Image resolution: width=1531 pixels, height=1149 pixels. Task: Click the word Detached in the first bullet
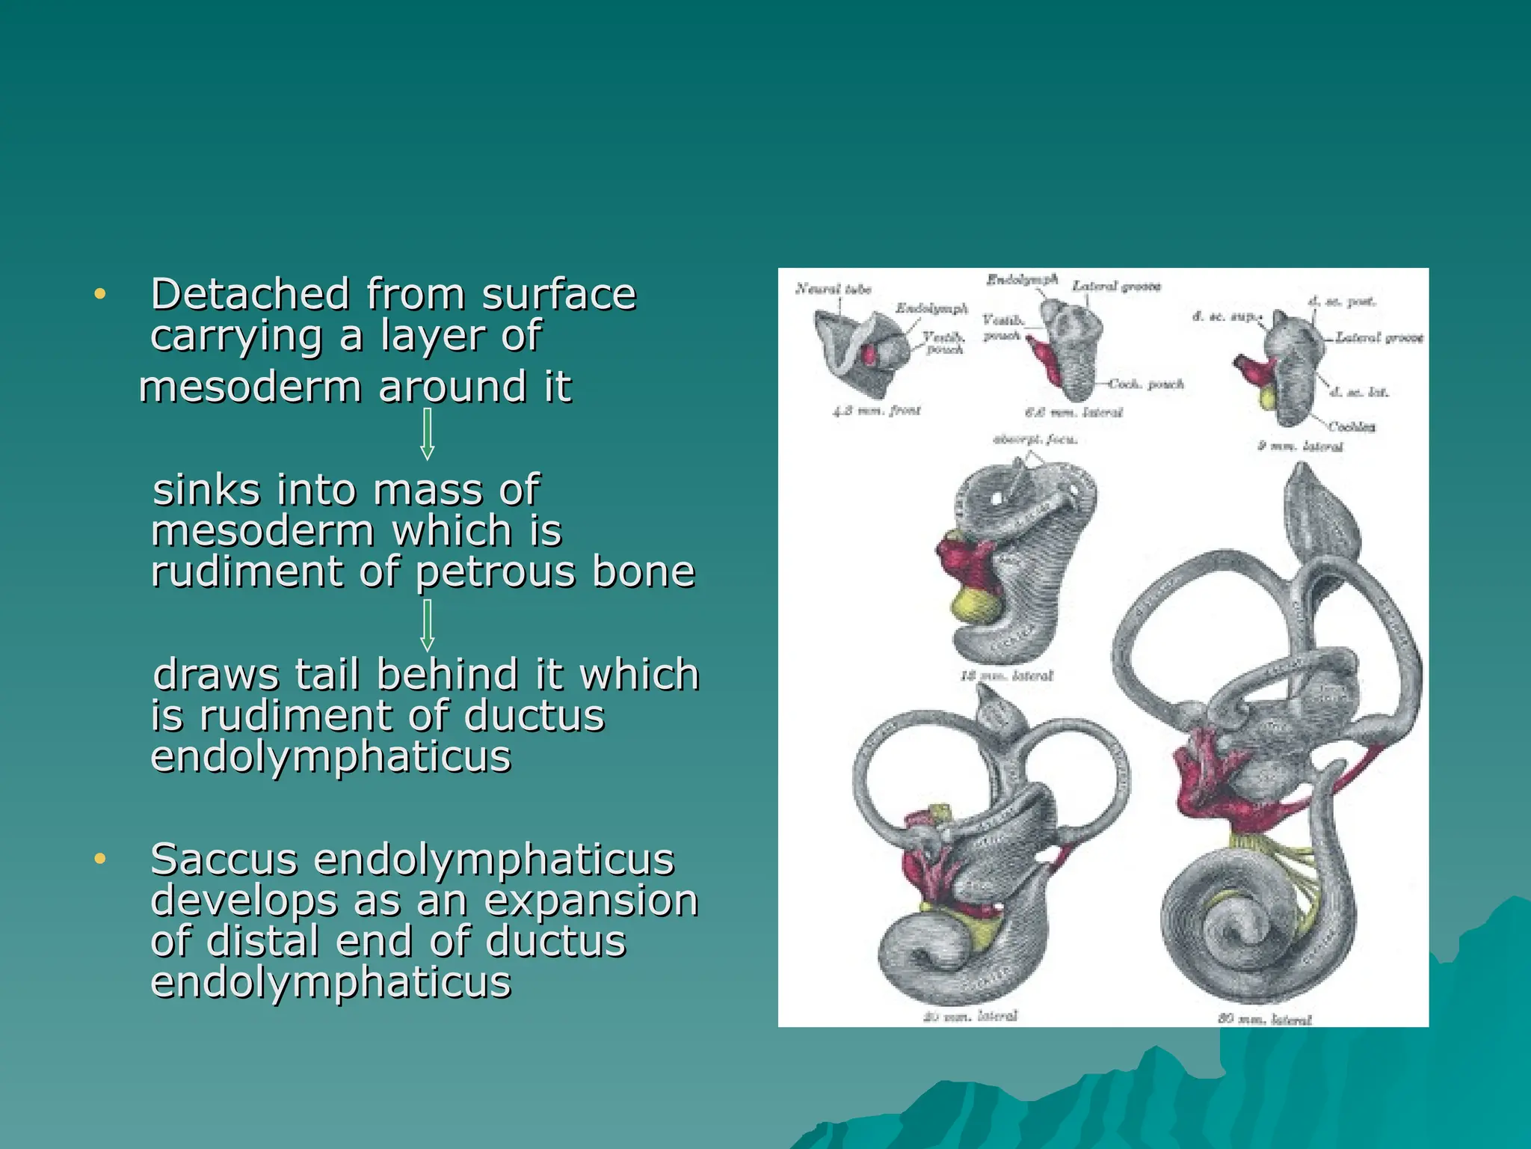(250, 294)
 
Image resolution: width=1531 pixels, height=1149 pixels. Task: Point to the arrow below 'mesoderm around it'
(428, 433)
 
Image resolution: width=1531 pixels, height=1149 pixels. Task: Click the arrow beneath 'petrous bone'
(428, 625)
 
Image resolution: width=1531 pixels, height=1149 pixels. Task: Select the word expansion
(591, 900)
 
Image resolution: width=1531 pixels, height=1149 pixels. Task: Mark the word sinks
(207, 490)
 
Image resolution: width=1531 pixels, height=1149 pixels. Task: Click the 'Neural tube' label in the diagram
(834, 289)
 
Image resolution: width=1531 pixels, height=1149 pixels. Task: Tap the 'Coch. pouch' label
(1146, 384)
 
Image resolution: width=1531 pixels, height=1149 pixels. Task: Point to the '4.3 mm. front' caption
(877, 411)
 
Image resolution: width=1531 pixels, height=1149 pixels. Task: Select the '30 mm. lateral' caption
(1264, 1018)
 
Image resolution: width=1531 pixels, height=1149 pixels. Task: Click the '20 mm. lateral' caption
(970, 1016)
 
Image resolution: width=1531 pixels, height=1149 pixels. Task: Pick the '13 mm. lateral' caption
(1006, 675)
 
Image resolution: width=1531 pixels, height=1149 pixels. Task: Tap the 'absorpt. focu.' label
(1035, 439)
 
